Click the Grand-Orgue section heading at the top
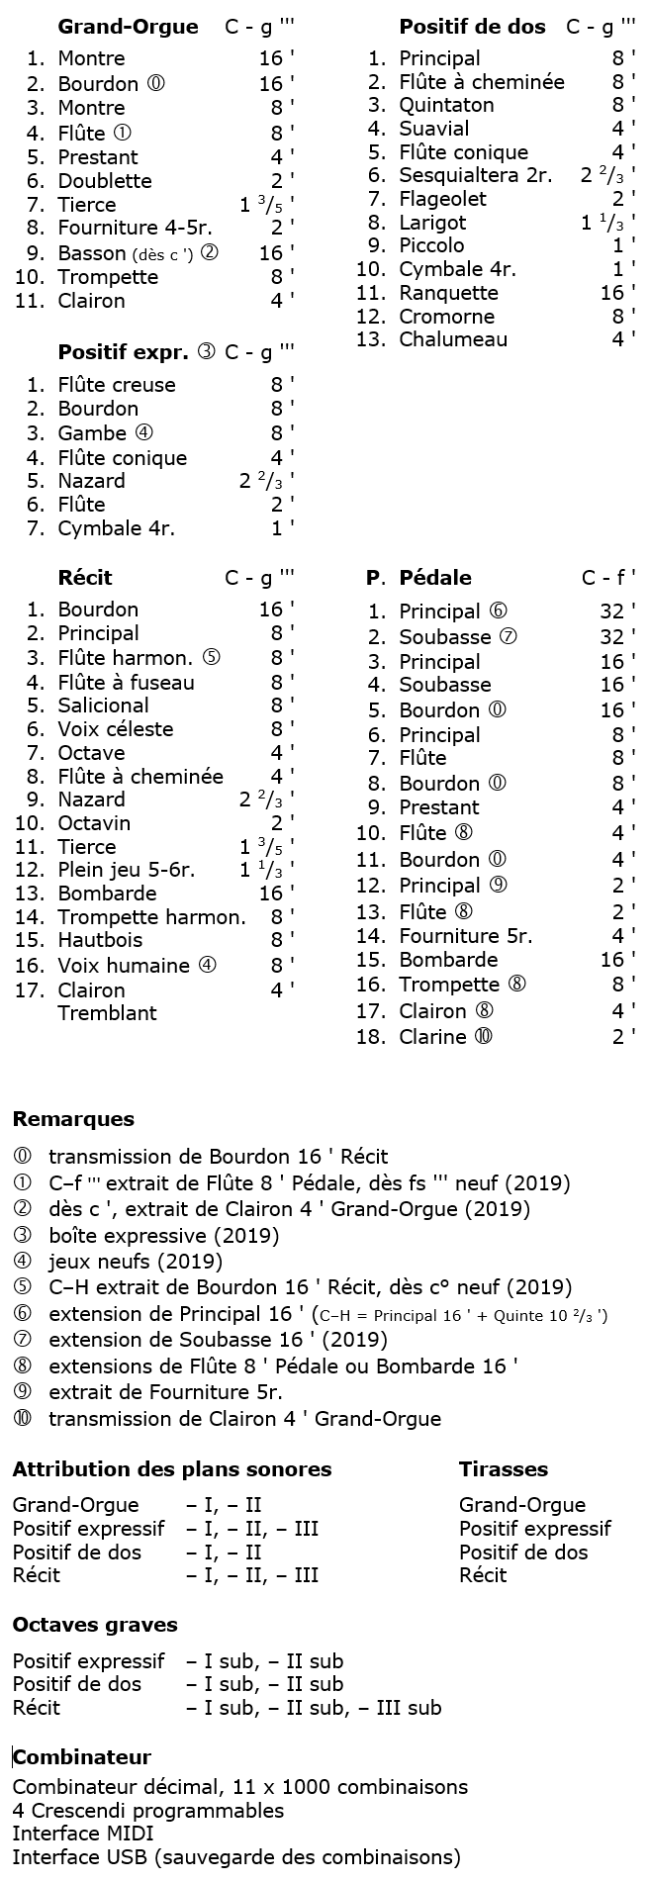[x=128, y=27]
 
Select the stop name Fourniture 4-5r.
[x=135, y=229]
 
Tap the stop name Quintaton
[x=446, y=105]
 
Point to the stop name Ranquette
[x=448, y=293]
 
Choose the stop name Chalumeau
[x=453, y=339]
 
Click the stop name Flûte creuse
[x=117, y=385]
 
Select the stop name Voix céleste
[x=115, y=729]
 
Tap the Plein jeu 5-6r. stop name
[x=126, y=871]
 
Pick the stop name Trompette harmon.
[x=151, y=917]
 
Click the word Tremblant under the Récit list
[x=107, y=1013]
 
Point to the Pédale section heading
[x=434, y=578]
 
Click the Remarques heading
[x=73, y=1119]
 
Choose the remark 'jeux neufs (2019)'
[x=135, y=1262]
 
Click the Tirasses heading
[x=503, y=1469]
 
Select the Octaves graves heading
[x=95, y=1625]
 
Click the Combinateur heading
[x=82, y=1757]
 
